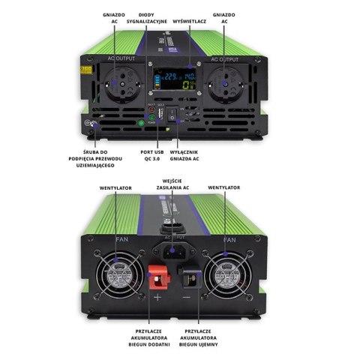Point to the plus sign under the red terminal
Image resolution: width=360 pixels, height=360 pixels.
(x=157, y=298)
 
